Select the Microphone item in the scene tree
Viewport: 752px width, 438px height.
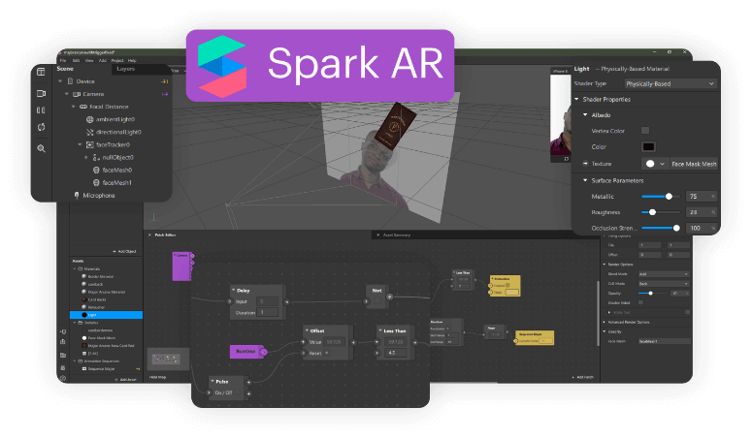click(x=97, y=195)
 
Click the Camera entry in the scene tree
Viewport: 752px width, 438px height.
click(x=93, y=94)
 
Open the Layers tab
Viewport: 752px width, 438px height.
click(x=126, y=69)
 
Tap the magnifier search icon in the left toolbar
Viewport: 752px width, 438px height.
click(x=42, y=148)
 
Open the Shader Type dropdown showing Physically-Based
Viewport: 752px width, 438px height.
click(x=684, y=83)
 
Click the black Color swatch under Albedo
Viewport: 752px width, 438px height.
click(x=648, y=146)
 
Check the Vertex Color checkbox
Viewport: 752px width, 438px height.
click(x=645, y=130)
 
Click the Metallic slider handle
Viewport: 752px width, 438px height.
click(x=667, y=196)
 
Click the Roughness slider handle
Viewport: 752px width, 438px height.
click(x=652, y=211)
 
